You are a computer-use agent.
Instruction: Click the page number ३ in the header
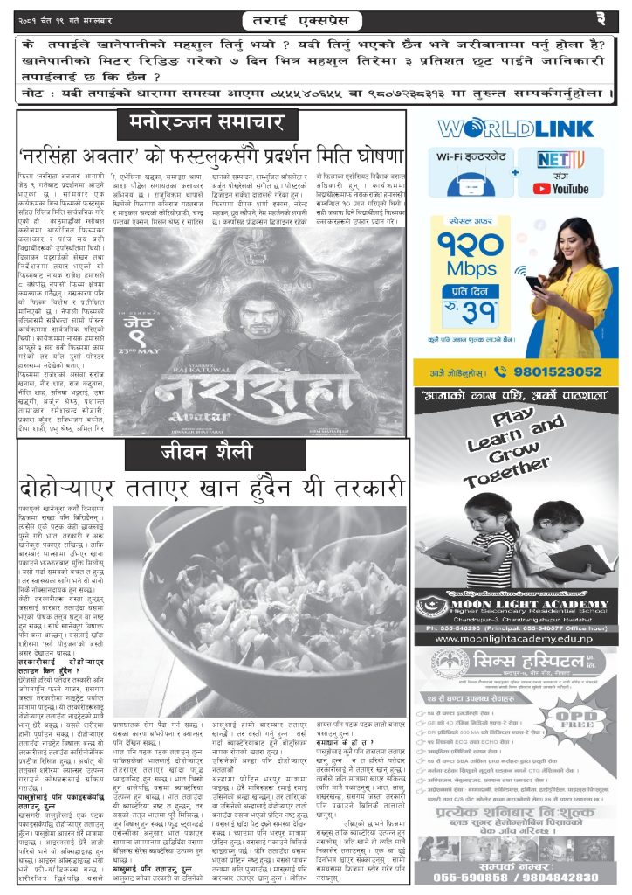[612, 17]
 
